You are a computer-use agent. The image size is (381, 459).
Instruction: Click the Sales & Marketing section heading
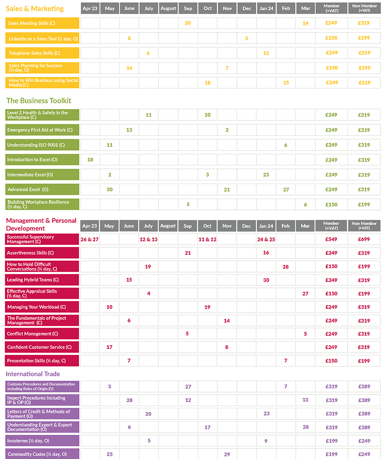(x=34, y=9)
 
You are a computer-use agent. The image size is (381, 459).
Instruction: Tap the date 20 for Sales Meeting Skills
(x=188, y=23)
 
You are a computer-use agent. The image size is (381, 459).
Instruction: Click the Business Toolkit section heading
(x=39, y=100)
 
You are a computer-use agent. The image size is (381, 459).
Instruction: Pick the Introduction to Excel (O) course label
(x=33, y=160)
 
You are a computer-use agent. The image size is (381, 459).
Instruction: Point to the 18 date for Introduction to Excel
(x=90, y=160)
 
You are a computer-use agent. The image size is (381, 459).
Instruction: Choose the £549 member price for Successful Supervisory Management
(x=331, y=239)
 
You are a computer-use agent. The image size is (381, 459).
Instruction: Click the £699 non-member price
(x=364, y=239)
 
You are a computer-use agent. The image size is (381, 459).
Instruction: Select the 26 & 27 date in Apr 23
(x=90, y=239)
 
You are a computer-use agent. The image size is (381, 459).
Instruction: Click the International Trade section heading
(x=33, y=374)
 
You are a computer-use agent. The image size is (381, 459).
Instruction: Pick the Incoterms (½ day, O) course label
(x=28, y=440)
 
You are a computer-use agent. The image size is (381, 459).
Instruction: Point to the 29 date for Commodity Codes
(x=227, y=454)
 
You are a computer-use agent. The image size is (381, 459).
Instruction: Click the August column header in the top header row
(x=168, y=9)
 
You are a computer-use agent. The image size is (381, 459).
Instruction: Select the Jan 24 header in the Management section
(x=266, y=226)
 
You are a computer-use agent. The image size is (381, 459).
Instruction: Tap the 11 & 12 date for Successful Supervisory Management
(x=207, y=239)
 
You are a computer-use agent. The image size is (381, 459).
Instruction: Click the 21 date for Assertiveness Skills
(x=188, y=253)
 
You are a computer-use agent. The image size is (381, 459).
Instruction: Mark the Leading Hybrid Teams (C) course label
(x=33, y=280)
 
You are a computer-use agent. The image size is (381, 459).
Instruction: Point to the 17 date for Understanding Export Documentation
(x=207, y=427)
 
